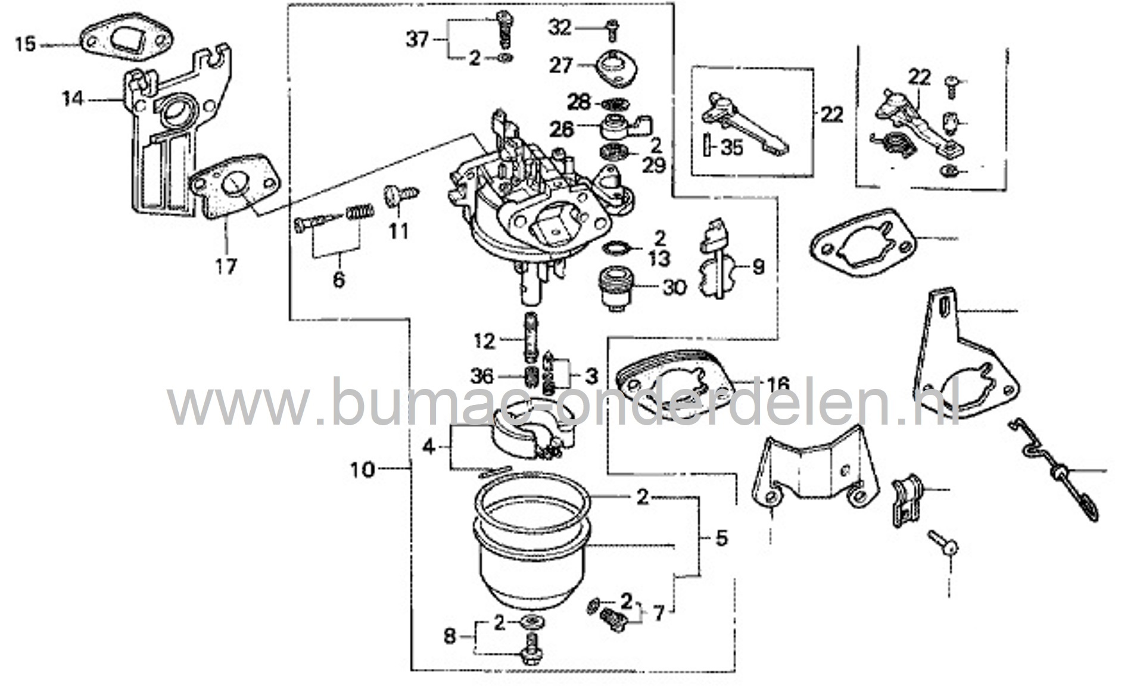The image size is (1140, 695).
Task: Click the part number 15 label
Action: [x=25, y=44]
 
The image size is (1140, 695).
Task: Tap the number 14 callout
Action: [x=73, y=98]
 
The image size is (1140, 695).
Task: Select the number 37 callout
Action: [x=418, y=40]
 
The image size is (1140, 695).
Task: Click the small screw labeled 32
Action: [x=612, y=26]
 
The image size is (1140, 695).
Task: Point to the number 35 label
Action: [x=731, y=147]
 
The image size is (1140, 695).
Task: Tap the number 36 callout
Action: [x=481, y=376]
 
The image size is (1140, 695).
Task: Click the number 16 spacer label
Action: [x=778, y=384]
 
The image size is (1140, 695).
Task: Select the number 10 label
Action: [x=363, y=470]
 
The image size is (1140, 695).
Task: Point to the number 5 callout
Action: [x=721, y=538]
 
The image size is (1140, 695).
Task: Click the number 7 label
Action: [x=658, y=614]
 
